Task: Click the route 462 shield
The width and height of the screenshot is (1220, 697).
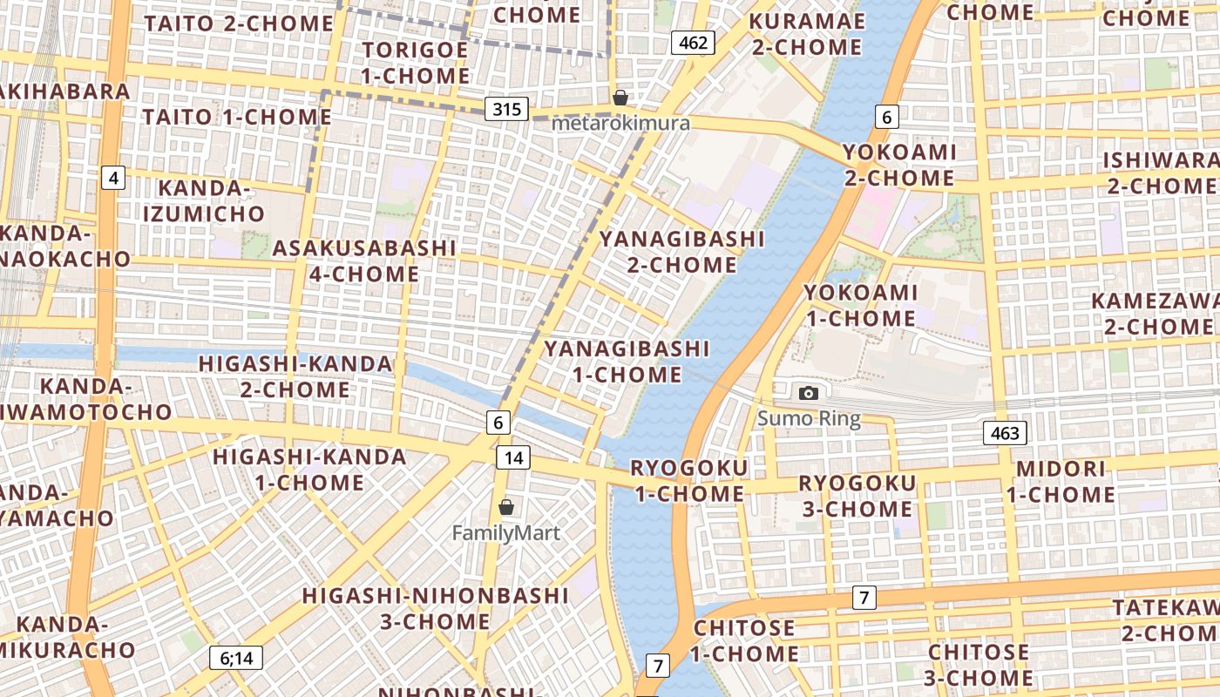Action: (x=693, y=43)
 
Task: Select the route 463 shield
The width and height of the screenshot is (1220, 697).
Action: (x=1005, y=433)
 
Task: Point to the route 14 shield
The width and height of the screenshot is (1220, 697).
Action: (x=514, y=457)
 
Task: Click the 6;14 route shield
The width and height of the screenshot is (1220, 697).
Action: (x=235, y=658)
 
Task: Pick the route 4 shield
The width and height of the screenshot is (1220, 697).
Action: (x=113, y=179)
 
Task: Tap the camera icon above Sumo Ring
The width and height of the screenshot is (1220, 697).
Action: (x=809, y=393)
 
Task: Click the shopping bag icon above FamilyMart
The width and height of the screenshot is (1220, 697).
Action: (x=506, y=506)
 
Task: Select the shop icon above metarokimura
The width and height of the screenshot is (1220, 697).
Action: (x=620, y=97)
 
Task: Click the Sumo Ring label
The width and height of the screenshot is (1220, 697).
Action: (x=809, y=419)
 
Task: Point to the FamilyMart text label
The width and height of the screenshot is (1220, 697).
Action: (x=506, y=532)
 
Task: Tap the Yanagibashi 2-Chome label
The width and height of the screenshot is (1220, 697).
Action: (x=681, y=251)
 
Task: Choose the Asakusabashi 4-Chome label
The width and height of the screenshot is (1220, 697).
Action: (x=364, y=261)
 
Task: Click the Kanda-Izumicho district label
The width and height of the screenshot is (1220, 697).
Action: (x=204, y=200)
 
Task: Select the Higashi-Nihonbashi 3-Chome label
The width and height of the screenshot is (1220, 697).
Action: (x=435, y=608)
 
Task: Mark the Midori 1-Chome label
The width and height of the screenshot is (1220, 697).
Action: (x=1061, y=482)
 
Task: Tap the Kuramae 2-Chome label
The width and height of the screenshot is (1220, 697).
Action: (x=807, y=34)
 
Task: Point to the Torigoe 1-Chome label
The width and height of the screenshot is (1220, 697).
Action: (x=415, y=63)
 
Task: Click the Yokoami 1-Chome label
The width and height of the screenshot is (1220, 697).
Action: (x=860, y=305)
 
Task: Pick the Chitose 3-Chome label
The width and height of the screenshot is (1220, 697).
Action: (x=979, y=664)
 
